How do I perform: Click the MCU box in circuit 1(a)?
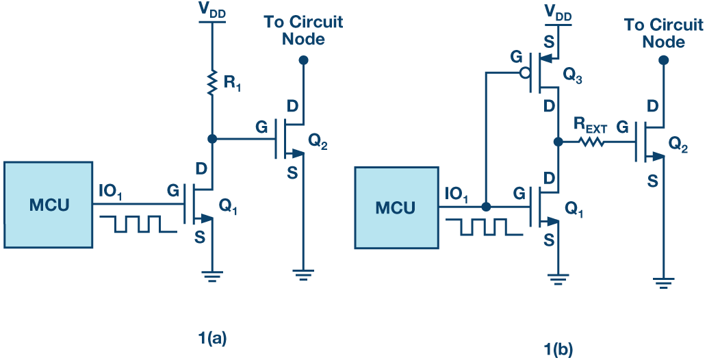coord(48,205)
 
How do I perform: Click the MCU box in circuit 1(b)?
coord(395,207)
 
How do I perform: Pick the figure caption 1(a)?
coord(212,337)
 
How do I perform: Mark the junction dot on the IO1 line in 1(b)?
coord(485,207)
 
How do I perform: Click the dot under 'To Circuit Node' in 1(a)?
coord(303,60)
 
